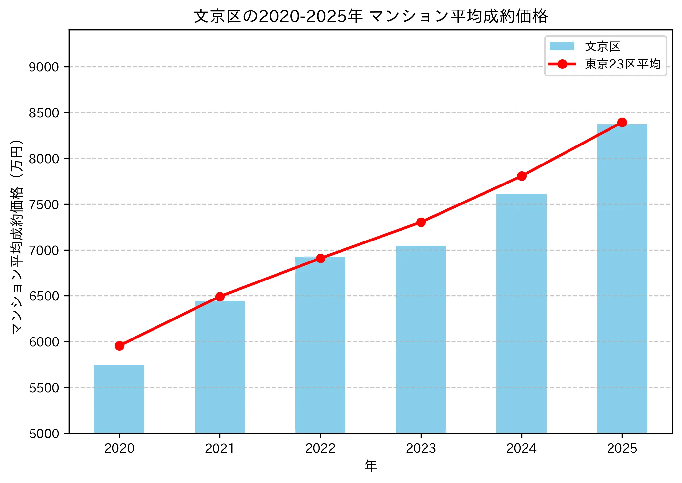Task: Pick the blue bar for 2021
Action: tap(220, 367)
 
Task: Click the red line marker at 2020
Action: tap(119, 346)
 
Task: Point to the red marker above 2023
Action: tap(421, 222)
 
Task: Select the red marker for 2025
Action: tap(622, 123)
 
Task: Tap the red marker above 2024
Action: tap(522, 176)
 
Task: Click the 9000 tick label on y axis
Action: tap(44, 67)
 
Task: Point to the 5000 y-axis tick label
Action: tap(44, 434)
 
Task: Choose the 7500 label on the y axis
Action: tap(44, 205)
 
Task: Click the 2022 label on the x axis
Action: tap(320, 448)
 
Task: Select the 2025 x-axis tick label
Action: tap(622, 448)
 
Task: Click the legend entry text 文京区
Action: tap(603, 47)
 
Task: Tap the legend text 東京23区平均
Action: tap(623, 64)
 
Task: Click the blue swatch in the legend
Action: tap(562, 47)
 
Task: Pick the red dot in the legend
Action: tap(562, 64)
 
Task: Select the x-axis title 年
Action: tap(371, 466)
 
